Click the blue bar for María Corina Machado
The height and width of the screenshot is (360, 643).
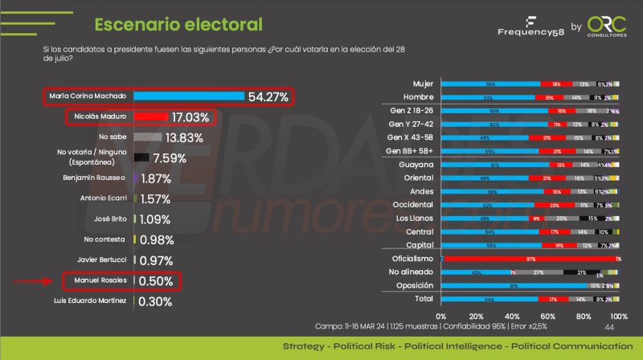(189, 96)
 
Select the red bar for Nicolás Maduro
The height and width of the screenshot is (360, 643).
(151, 117)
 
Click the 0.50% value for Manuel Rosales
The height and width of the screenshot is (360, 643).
(156, 281)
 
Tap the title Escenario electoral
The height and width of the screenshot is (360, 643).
(178, 23)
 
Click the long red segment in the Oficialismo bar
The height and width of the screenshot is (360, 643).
(530, 259)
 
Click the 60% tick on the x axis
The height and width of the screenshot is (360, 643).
(547, 316)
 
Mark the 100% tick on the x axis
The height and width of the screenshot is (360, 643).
(617, 316)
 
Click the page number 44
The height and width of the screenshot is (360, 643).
(608, 328)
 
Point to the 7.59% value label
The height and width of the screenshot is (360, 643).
(170, 158)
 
